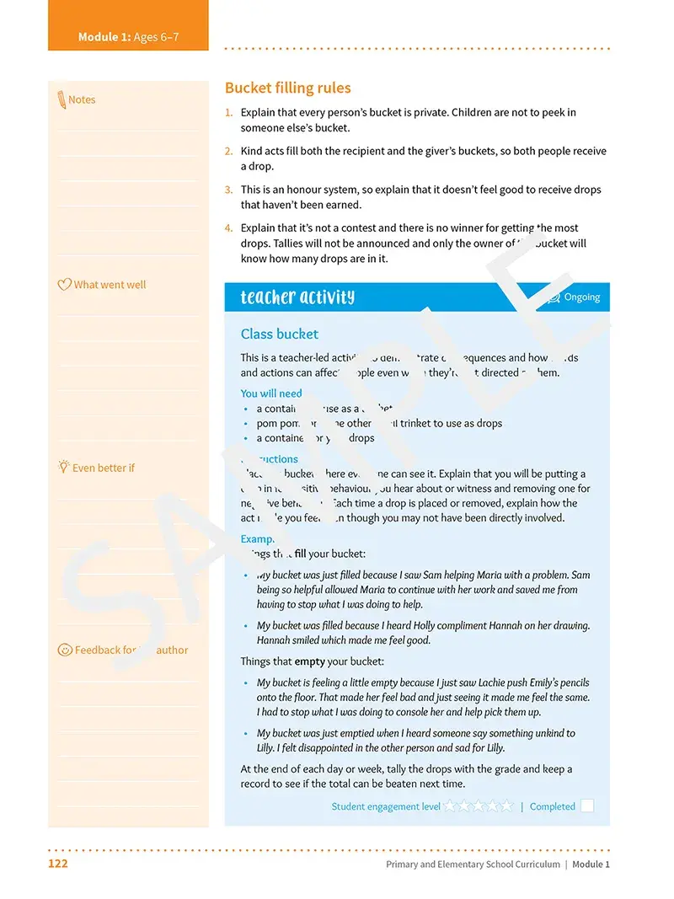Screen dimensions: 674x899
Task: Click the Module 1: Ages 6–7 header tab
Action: coord(128,37)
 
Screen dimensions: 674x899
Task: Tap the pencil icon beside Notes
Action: coord(61,99)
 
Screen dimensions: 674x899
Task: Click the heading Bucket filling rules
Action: coord(287,88)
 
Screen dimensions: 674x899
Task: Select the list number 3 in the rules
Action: coord(228,190)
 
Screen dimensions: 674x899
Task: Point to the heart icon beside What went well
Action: coord(64,285)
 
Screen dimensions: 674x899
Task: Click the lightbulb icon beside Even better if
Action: coord(63,467)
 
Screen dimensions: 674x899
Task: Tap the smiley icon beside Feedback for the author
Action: coord(64,650)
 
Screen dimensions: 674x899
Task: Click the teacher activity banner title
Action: coord(297,297)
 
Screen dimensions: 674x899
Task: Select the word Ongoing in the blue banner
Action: coord(581,297)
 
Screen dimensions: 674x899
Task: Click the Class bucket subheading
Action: coord(279,334)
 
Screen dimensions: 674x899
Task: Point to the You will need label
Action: coord(270,393)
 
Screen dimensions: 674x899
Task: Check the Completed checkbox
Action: coord(587,806)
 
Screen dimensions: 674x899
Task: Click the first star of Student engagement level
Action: coord(450,806)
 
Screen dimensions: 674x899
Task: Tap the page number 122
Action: coord(57,864)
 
